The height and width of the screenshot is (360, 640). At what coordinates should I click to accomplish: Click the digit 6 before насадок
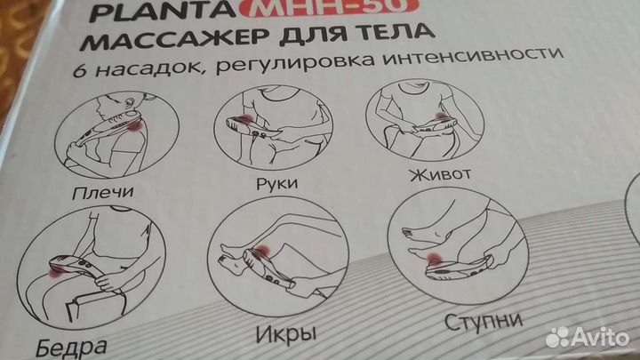click(x=80, y=70)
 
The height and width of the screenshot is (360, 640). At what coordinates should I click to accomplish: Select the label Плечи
click(x=102, y=192)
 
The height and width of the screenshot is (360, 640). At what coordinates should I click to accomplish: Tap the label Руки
click(x=276, y=183)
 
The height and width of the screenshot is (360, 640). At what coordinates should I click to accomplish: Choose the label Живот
click(x=440, y=174)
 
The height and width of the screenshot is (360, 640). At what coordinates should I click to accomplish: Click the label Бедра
click(x=71, y=348)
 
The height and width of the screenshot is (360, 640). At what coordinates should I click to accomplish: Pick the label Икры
click(x=286, y=334)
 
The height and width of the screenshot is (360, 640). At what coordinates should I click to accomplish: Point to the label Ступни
click(x=484, y=321)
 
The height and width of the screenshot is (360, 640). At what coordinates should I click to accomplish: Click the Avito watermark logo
click(x=588, y=338)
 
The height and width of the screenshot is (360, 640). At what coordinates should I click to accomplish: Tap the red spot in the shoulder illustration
click(x=134, y=125)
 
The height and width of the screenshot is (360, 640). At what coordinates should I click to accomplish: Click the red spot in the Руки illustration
click(x=246, y=120)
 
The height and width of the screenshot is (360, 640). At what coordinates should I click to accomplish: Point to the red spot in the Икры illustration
click(x=262, y=252)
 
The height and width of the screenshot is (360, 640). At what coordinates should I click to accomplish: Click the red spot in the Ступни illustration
click(x=434, y=260)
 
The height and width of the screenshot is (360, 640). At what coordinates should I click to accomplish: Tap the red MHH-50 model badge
click(x=330, y=7)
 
